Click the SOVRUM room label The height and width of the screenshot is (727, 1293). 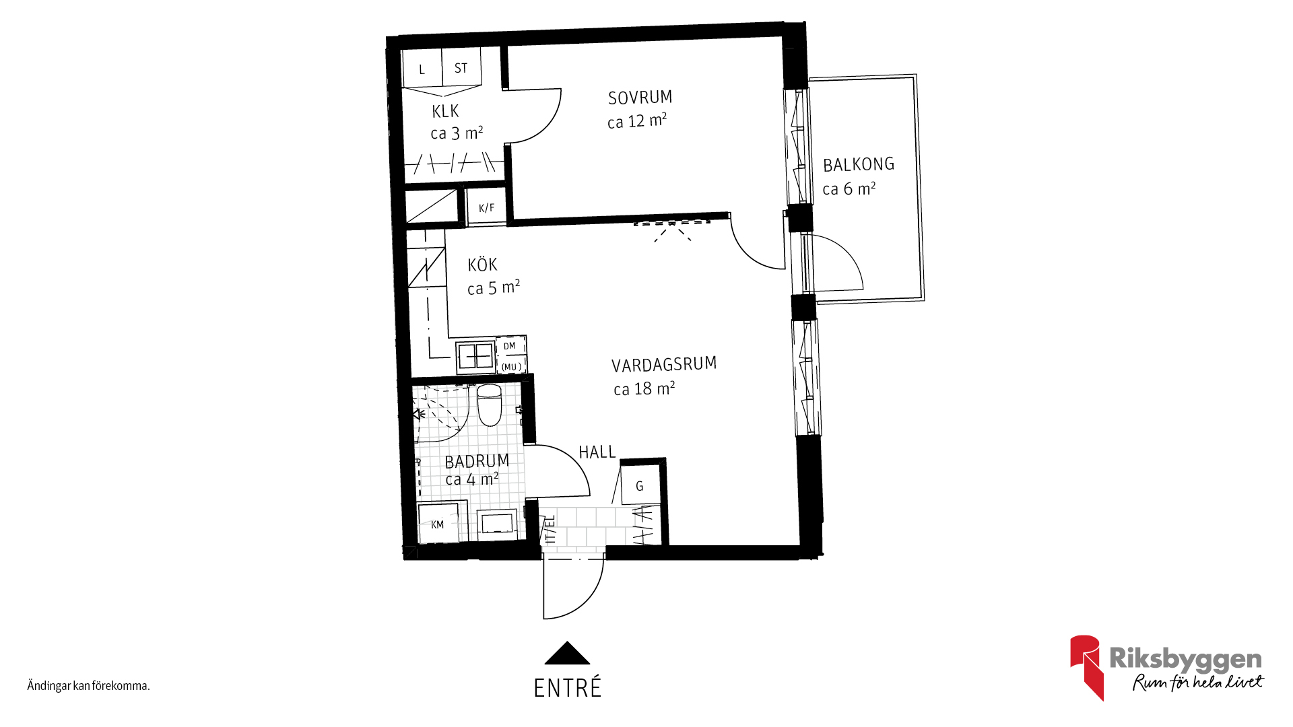point(640,98)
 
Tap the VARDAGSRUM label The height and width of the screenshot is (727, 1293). point(664,365)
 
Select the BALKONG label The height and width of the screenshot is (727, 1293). point(859,164)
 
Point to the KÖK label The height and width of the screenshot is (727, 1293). point(482,264)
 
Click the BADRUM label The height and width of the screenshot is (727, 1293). point(477,461)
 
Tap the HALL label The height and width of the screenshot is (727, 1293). point(597,452)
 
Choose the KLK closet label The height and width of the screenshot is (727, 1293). point(445,111)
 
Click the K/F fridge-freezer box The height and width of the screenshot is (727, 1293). point(486,207)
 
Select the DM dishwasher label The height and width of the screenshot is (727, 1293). point(509,346)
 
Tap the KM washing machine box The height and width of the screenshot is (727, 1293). point(438,523)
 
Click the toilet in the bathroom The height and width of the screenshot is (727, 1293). point(490,405)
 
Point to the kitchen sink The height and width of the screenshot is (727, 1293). point(475,356)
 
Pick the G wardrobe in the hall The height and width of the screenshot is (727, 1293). point(640,486)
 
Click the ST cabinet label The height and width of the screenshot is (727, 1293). point(461,68)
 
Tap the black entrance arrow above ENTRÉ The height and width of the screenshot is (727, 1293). point(567,653)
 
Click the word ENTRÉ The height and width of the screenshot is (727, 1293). point(568,688)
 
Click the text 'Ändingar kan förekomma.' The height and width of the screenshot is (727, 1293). point(88,686)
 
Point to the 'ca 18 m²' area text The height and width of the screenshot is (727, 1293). point(644,388)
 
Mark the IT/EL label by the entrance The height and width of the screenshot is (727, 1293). point(550,530)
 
